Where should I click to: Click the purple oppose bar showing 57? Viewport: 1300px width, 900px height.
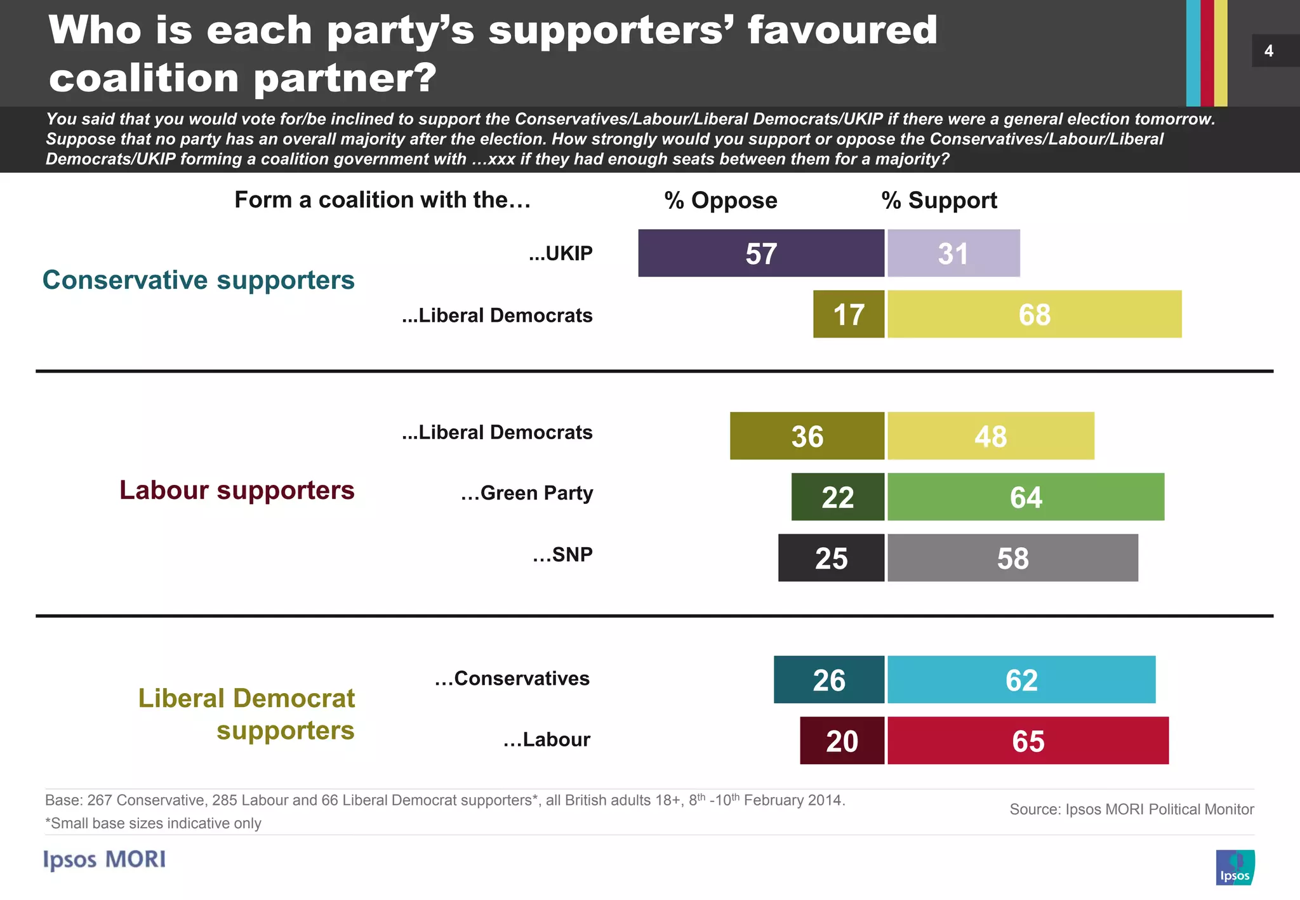[x=760, y=253]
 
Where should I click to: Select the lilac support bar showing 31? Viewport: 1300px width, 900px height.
[x=953, y=253]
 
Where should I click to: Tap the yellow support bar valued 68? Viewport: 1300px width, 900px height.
[x=1034, y=314]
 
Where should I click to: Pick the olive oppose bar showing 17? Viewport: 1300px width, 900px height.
[x=848, y=314]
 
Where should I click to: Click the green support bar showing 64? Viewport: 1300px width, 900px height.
[x=1025, y=497]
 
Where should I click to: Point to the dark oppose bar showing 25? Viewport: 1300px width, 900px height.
[x=830, y=558]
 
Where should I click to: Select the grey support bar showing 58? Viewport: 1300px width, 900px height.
[x=1012, y=558]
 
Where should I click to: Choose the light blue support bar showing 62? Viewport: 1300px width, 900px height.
[x=1021, y=680]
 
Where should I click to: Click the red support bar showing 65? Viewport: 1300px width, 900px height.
[x=1028, y=741]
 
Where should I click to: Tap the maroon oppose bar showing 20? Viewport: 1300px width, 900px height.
[x=841, y=741]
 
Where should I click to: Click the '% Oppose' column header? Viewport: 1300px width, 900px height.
[x=720, y=201]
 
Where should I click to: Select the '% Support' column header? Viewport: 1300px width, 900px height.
[x=939, y=201]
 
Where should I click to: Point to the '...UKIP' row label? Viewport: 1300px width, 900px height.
[x=560, y=253]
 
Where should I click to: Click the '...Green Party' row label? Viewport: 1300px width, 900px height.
[x=527, y=493]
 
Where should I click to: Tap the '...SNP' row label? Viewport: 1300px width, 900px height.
[x=562, y=555]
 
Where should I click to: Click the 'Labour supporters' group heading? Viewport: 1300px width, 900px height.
[x=237, y=491]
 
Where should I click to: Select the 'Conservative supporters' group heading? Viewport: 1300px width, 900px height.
[x=198, y=280]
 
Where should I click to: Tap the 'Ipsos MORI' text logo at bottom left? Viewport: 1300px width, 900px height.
[x=104, y=859]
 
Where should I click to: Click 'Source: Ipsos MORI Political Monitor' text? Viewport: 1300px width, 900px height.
[x=1131, y=809]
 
